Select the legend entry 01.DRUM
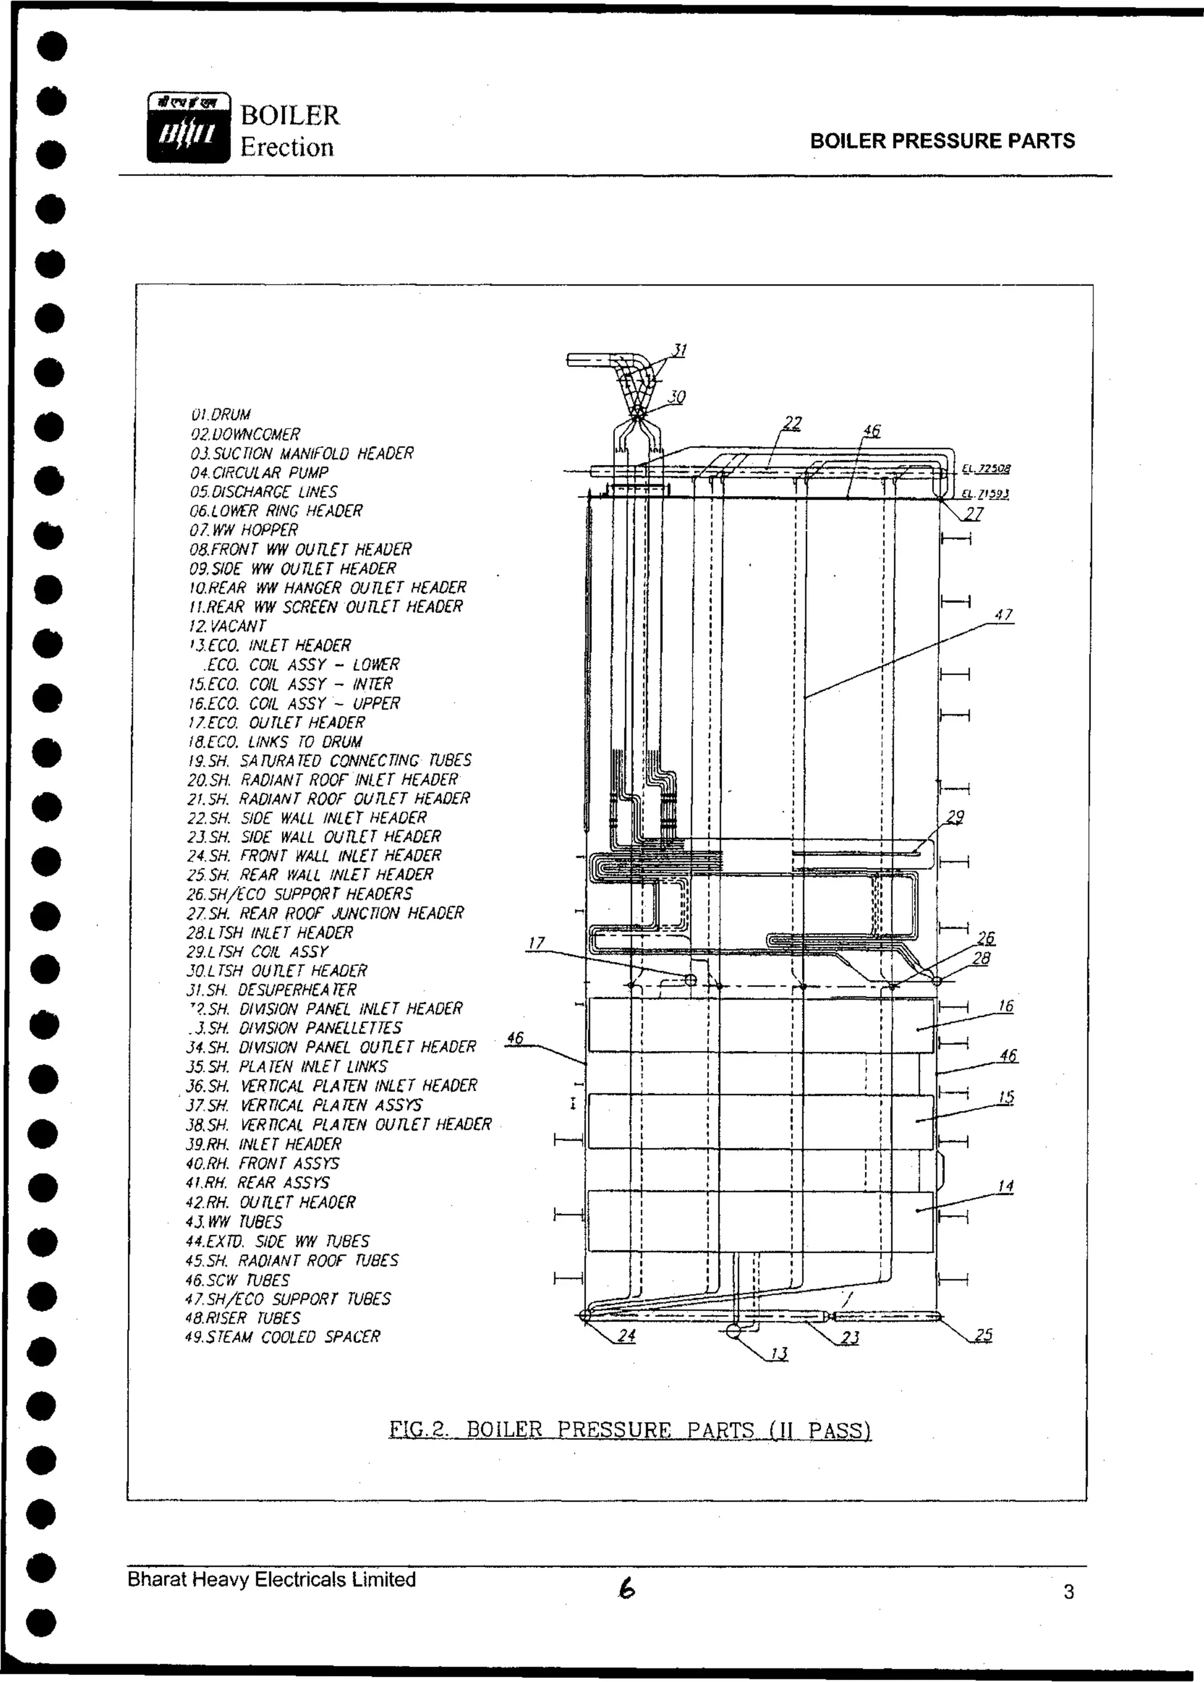tap(220, 414)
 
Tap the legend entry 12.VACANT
tap(227, 626)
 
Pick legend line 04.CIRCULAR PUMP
tap(259, 472)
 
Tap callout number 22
tap(792, 423)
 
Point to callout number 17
tap(536, 942)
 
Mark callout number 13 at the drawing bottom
tap(778, 1353)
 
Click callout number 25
tap(983, 1335)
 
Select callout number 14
tap(1005, 1186)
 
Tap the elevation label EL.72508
tap(986, 469)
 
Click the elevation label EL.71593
tap(985, 494)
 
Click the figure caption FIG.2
tap(630, 1429)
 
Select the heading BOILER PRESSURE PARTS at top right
tap(942, 141)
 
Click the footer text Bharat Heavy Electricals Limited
tap(272, 1580)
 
